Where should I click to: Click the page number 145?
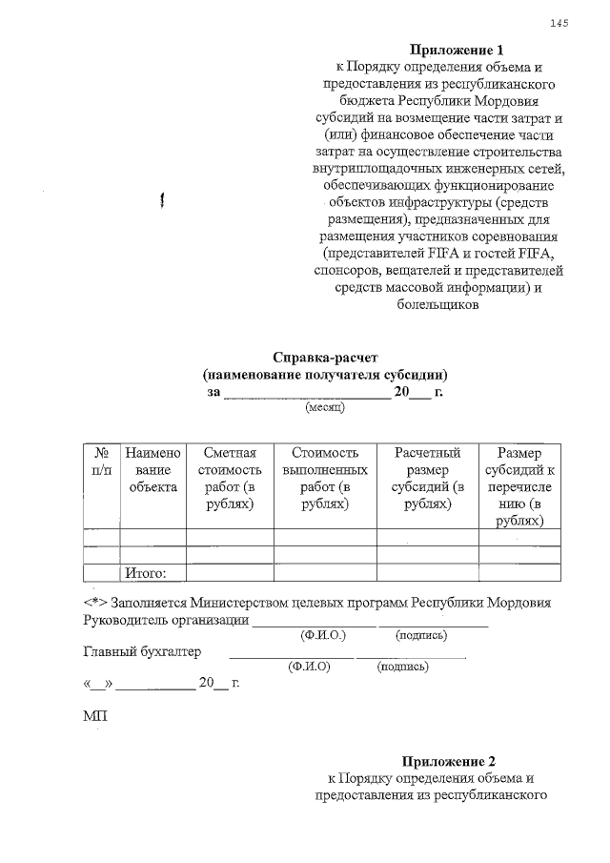(559, 24)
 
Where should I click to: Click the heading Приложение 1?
(455, 50)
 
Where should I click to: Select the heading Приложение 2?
(449, 761)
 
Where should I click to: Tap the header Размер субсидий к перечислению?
(519, 486)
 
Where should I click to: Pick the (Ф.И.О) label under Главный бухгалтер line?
(309, 667)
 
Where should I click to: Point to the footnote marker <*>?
(95, 604)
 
